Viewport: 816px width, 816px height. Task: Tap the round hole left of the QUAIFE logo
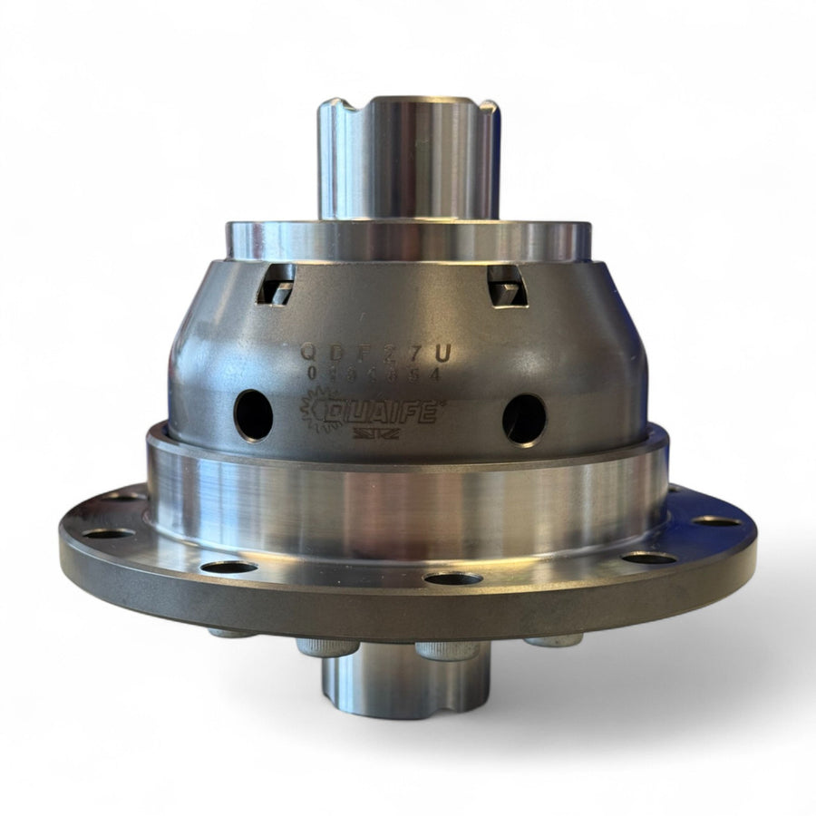click(253, 415)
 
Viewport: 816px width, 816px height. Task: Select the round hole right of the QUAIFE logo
click(524, 419)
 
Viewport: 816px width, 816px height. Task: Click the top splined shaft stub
click(408, 159)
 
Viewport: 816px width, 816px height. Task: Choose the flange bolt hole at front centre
click(453, 578)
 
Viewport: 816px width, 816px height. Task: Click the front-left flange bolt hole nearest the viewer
click(228, 568)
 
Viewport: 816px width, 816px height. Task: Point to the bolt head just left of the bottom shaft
click(327, 646)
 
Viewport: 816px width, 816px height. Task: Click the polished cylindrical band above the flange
click(408, 503)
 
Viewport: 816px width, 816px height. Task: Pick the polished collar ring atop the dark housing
click(408, 241)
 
